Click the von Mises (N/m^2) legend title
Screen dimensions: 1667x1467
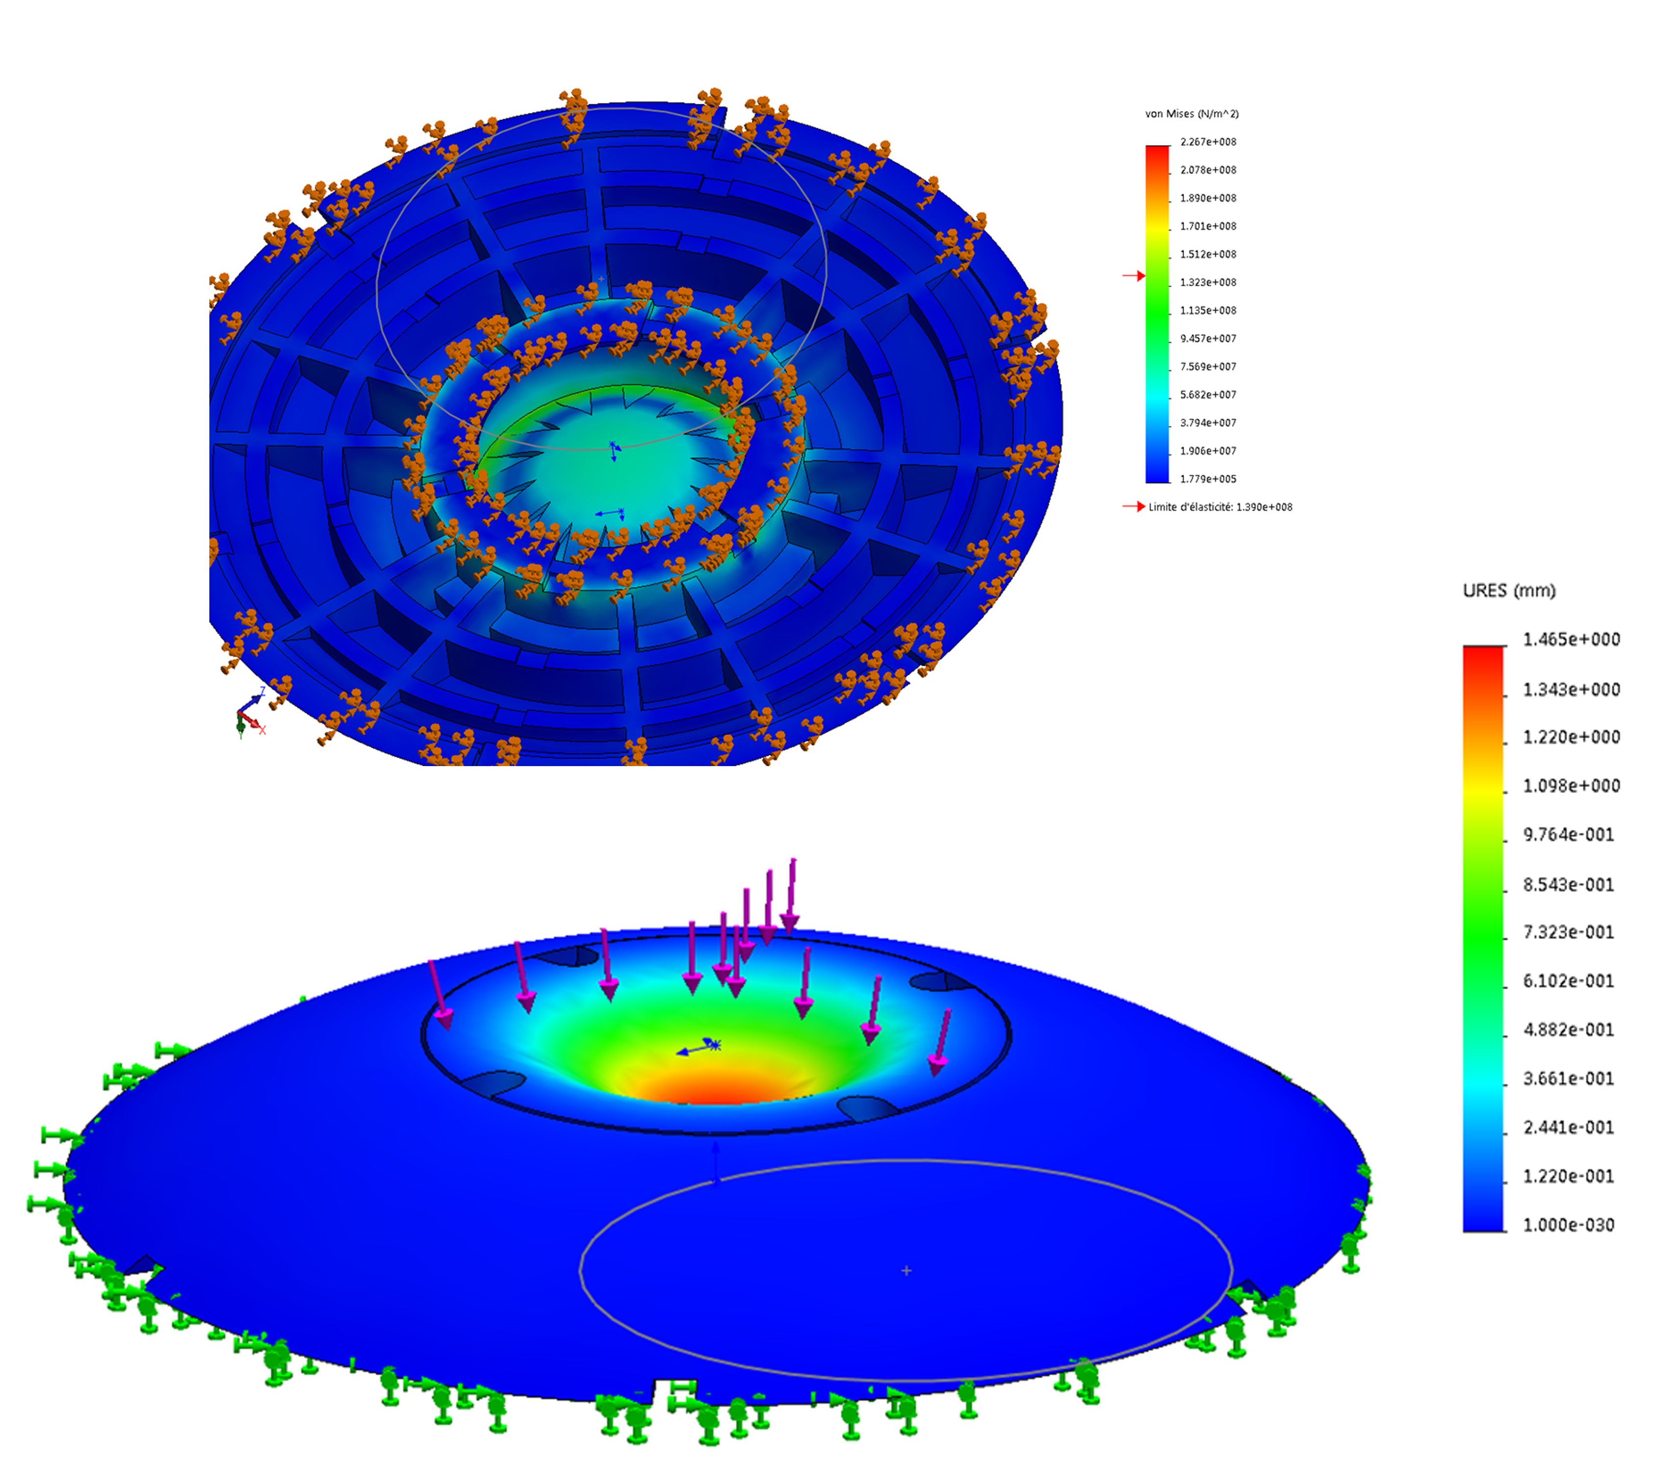tap(1191, 114)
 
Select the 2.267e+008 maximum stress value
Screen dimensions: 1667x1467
tap(1208, 142)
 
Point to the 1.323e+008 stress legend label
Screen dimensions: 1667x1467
tap(1208, 282)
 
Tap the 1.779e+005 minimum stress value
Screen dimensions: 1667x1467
tap(1208, 479)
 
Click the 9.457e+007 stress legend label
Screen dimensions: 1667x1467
tap(1208, 338)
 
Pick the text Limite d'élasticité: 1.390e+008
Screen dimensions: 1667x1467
tap(1220, 507)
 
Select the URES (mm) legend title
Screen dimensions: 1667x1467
tap(1509, 591)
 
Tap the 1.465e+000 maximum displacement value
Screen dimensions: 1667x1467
tap(1571, 639)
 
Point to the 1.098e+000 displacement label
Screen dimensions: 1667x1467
tap(1571, 786)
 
